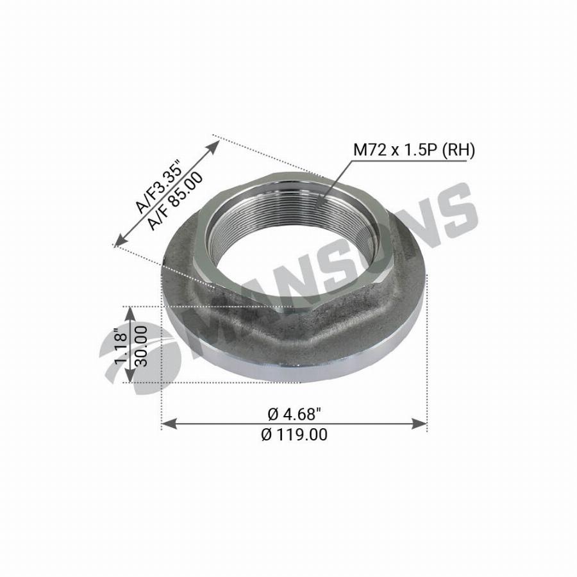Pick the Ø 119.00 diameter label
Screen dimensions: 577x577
tap(294, 435)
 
